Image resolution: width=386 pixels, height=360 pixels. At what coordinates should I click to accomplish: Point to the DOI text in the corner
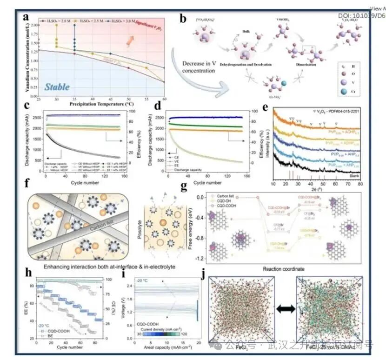(x=362, y=15)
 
